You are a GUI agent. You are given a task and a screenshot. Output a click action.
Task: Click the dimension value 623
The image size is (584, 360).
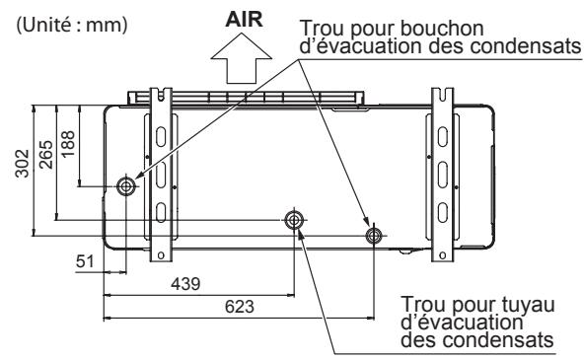click(x=240, y=306)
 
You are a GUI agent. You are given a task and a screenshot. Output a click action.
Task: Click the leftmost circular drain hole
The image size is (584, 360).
click(x=126, y=186)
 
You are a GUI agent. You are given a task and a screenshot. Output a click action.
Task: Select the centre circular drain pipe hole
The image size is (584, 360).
click(x=293, y=220)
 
